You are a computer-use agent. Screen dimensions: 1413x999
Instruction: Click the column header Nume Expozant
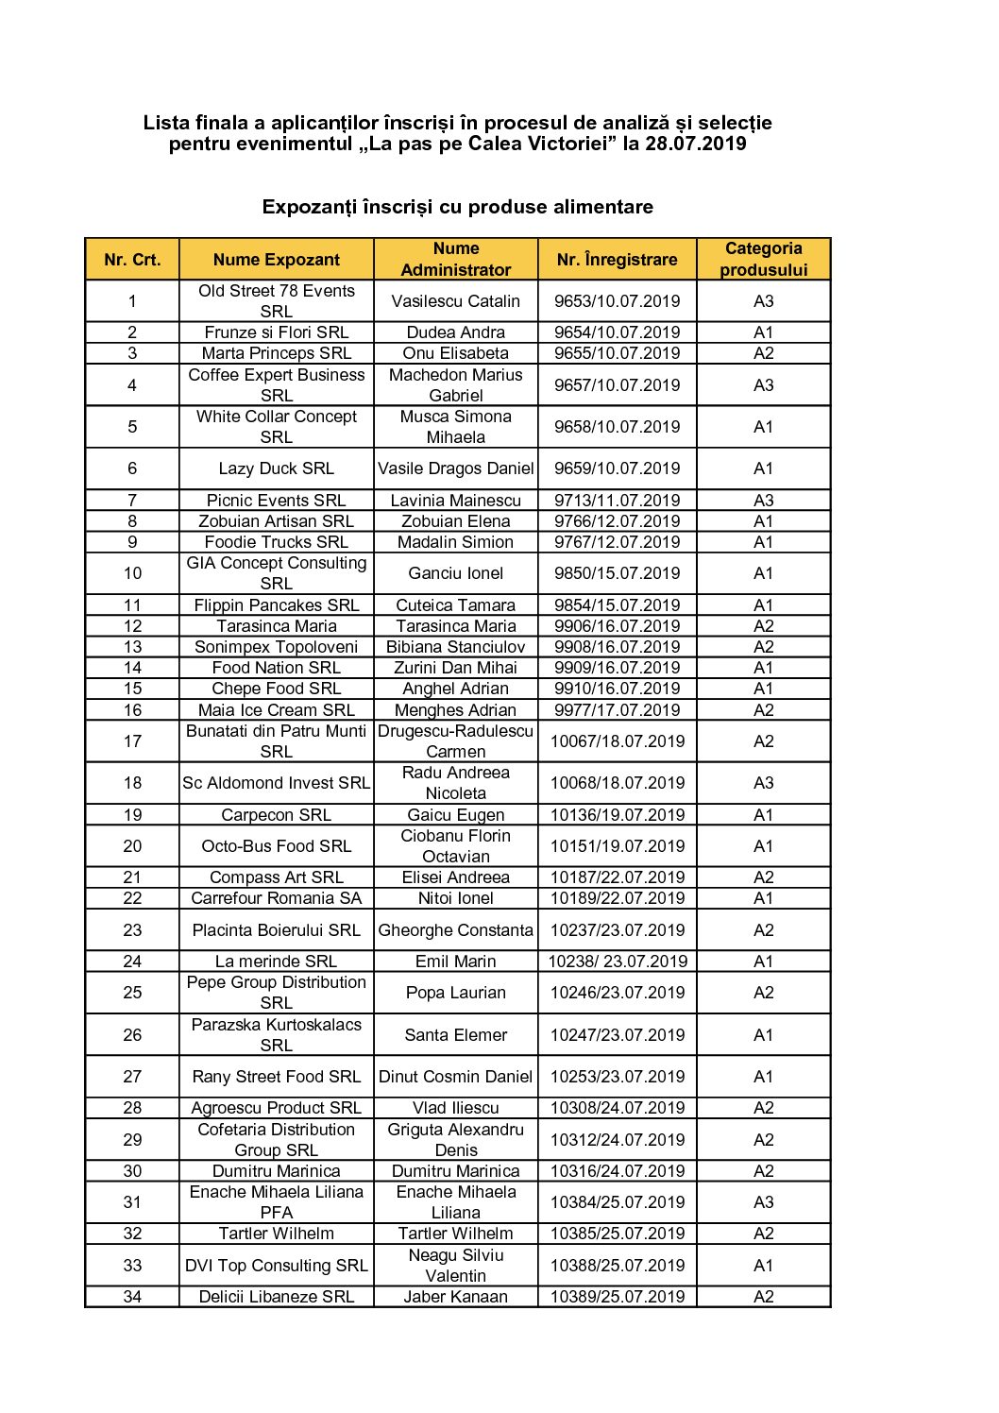click(276, 260)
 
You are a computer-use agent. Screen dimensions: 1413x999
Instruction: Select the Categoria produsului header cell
click(763, 260)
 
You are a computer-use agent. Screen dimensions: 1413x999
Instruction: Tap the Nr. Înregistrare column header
click(617, 260)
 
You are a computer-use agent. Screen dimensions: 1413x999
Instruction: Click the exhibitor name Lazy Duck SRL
click(276, 468)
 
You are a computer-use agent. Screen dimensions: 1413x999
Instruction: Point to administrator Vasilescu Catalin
click(455, 301)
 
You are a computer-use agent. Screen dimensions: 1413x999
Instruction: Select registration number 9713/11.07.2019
click(617, 501)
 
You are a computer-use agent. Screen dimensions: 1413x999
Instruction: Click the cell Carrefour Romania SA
click(276, 898)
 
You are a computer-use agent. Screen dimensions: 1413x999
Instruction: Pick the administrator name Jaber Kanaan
click(455, 1297)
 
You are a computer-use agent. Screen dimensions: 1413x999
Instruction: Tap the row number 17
click(132, 741)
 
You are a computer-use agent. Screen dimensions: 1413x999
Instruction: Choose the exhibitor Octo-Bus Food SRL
click(276, 846)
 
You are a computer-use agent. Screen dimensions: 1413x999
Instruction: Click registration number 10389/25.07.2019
click(617, 1297)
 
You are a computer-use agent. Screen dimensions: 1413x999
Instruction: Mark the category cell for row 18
click(763, 783)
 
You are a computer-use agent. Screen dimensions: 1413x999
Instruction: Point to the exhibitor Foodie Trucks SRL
click(276, 542)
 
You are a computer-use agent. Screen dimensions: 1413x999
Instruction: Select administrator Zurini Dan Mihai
click(455, 668)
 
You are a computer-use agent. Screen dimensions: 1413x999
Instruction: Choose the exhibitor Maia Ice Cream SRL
click(276, 710)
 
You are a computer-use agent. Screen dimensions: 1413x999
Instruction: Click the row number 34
click(132, 1297)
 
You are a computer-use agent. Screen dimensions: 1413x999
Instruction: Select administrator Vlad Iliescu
click(455, 1108)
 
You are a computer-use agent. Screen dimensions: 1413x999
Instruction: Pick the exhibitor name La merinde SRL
click(276, 962)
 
